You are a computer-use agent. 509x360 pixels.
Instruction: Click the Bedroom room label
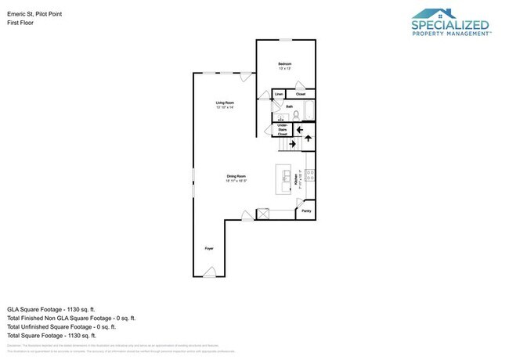(x=286, y=63)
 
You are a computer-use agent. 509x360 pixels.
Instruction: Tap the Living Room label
(x=226, y=104)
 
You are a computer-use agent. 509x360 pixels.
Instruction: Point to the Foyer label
(x=209, y=248)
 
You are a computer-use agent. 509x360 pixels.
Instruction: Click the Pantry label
(x=306, y=211)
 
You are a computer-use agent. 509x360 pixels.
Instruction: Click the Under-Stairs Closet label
(x=283, y=130)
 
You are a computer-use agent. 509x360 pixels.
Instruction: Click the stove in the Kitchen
(x=311, y=177)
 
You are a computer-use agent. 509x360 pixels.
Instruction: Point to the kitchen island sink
(x=286, y=174)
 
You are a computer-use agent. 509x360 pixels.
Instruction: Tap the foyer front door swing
(x=209, y=272)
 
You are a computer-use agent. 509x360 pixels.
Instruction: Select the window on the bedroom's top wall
(x=286, y=40)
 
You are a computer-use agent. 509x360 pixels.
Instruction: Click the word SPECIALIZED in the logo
(x=450, y=25)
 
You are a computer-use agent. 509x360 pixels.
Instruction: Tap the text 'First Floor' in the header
(x=20, y=23)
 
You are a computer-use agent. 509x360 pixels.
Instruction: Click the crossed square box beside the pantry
(x=263, y=213)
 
